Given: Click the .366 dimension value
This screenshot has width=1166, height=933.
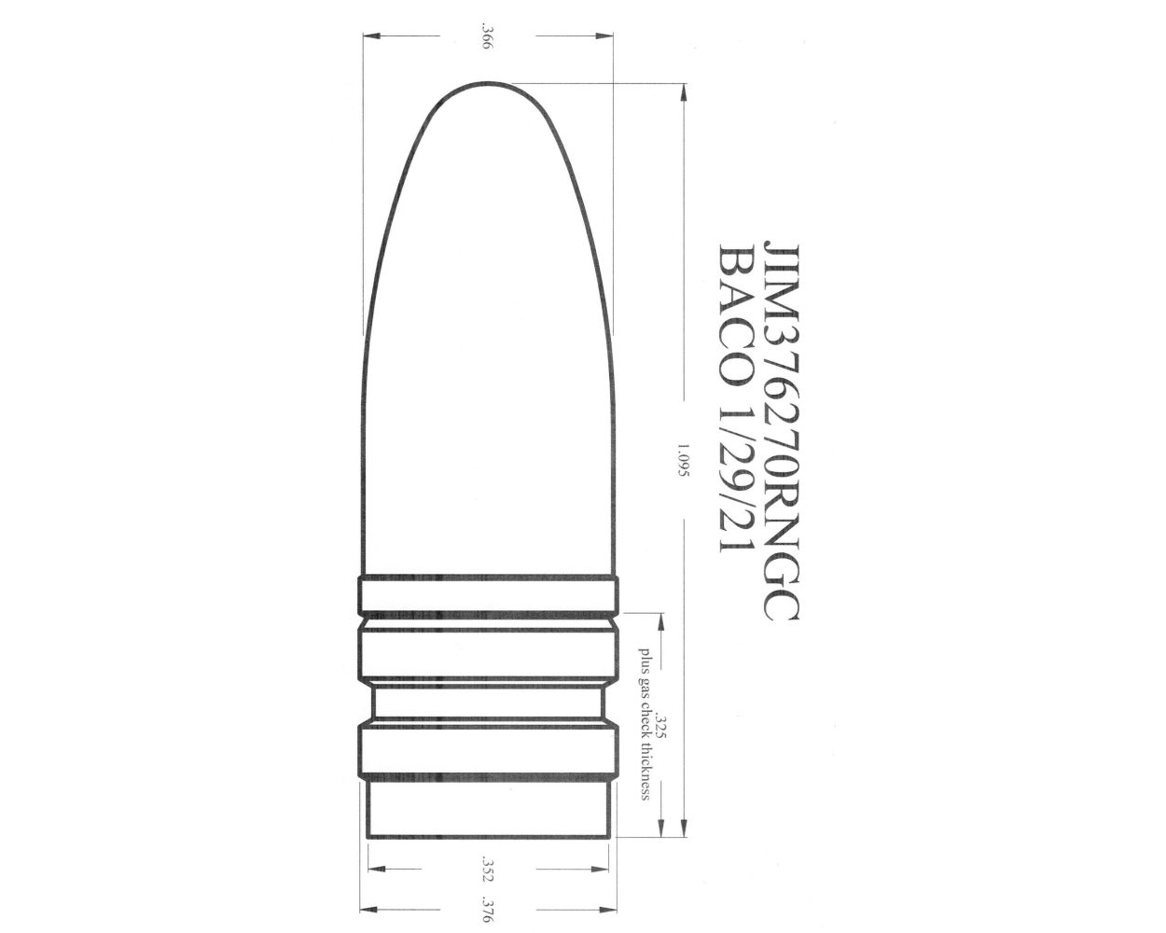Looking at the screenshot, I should click(486, 38).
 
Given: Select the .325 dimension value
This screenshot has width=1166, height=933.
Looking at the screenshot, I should click(661, 728).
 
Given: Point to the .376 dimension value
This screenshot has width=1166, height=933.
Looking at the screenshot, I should click(486, 908).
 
